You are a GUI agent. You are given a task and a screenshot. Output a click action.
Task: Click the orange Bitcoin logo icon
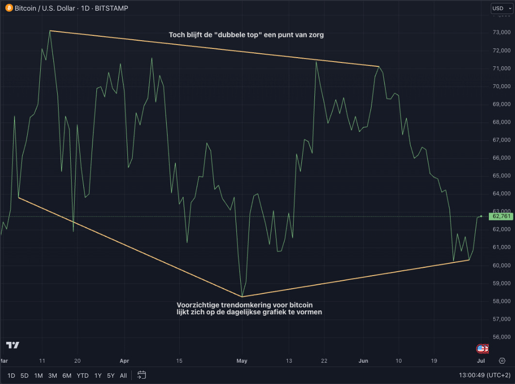(9, 8)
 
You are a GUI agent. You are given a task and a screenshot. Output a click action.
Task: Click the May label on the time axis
(242, 361)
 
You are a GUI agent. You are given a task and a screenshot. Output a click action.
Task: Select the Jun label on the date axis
(363, 361)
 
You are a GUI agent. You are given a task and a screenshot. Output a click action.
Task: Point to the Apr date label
(125, 361)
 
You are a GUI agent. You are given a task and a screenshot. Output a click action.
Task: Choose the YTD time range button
(82, 375)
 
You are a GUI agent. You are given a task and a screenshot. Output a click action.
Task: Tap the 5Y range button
(111, 375)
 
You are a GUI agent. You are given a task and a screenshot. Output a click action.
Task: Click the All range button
(124, 375)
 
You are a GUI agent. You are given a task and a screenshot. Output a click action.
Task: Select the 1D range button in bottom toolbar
(11, 375)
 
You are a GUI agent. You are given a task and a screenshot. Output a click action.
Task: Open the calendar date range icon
(141, 375)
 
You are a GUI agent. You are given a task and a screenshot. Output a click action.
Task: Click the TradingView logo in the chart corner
(13, 345)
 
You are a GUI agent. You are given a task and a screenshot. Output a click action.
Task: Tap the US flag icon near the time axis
(481, 348)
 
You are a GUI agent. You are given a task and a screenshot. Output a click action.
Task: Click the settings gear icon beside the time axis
(502, 361)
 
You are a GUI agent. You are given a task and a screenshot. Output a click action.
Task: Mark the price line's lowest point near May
(242, 296)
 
